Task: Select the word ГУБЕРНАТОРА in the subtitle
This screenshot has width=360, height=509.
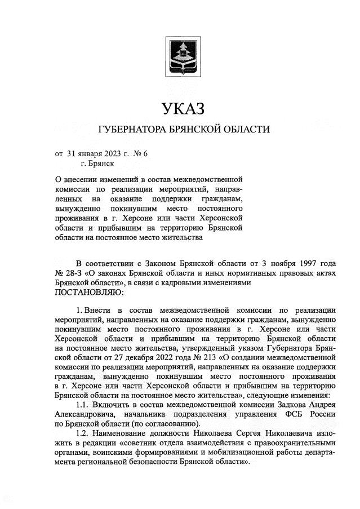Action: pos(131,130)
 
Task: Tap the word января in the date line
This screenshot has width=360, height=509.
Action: pos(93,153)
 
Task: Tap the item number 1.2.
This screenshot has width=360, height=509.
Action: pos(83,434)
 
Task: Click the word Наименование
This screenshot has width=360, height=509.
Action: pos(122,434)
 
